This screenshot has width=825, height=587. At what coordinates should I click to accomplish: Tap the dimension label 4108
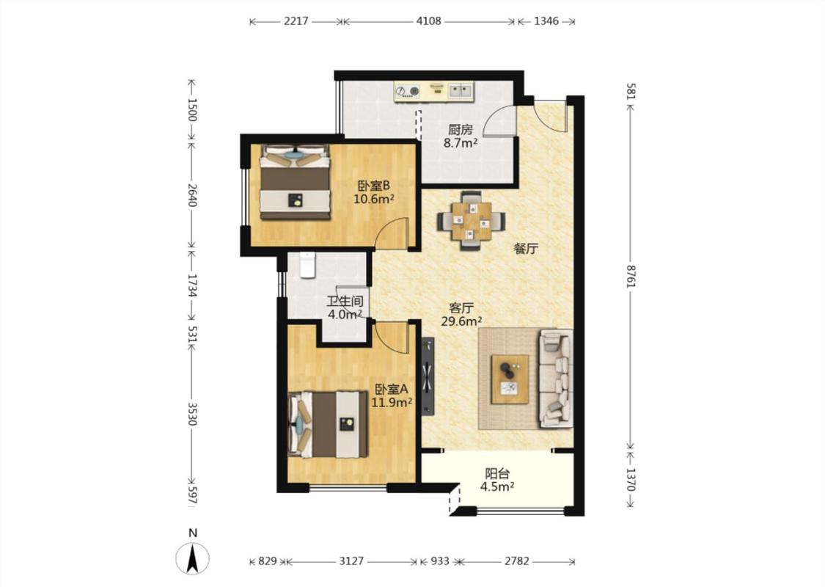(429, 21)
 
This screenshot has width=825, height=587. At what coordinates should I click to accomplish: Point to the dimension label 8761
(631, 275)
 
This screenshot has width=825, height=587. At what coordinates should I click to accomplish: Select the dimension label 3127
(351, 561)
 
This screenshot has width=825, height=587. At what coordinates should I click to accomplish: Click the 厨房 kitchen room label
(461, 130)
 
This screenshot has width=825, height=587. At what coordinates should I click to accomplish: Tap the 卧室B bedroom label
(373, 186)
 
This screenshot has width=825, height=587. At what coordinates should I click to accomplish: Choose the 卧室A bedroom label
(392, 390)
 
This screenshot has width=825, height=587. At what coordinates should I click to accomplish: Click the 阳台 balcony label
(497, 473)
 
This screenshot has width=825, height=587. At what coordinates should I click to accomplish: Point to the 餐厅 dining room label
(526, 249)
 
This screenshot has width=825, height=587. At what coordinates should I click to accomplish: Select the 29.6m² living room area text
(462, 321)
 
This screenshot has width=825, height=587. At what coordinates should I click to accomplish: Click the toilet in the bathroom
(307, 265)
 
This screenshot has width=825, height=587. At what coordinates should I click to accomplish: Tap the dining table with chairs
(471, 220)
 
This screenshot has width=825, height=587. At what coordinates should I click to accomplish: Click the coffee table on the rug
(510, 379)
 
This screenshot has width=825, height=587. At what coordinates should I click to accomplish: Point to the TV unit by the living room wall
(428, 376)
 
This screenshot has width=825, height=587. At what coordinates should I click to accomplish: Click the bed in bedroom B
(296, 182)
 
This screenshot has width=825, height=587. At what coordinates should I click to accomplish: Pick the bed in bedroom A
(328, 424)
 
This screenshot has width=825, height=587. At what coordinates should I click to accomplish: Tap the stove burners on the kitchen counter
(407, 92)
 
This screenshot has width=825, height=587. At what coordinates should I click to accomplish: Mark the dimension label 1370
(631, 480)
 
